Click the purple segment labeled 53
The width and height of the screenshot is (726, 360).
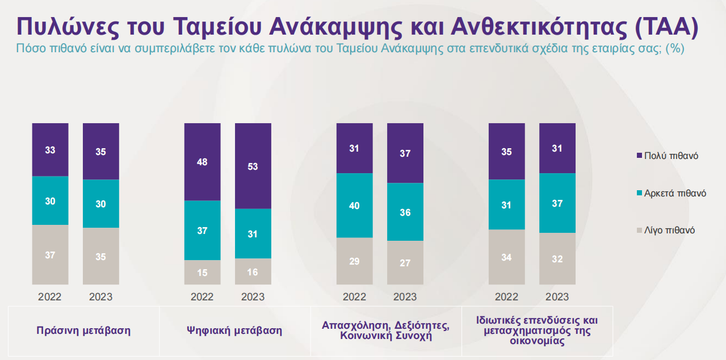pyautogui.click(x=253, y=166)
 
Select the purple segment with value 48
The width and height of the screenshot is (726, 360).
pyautogui.click(x=202, y=162)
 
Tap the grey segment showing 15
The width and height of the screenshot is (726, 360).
pyautogui.click(x=202, y=272)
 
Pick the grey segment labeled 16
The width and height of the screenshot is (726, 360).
pyautogui.click(x=253, y=271)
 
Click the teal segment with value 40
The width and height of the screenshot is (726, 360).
pyautogui.click(x=354, y=206)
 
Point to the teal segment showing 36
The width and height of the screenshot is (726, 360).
pyautogui.click(x=405, y=212)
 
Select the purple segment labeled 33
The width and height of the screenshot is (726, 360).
pyautogui.click(x=50, y=150)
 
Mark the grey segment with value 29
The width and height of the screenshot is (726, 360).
pyautogui.click(x=354, y=261)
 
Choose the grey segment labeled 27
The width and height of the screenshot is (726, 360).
pyautogui.click(x=405, y=262)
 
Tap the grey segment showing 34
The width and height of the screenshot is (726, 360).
pyautogui.click(x=506, y=257)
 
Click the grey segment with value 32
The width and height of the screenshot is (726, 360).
pyautogui.click(x=557, y=258)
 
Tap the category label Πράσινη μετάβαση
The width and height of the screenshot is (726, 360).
pyautogui.click(x=83, y=330)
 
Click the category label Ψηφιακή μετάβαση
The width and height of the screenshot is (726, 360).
pyautogui.click(x=234, y=330)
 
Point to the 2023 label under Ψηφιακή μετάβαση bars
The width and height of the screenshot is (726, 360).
pyautogui.click(x=253, y=297)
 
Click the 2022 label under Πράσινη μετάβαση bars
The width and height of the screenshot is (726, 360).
pyautogui.click(x=50, y=297)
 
